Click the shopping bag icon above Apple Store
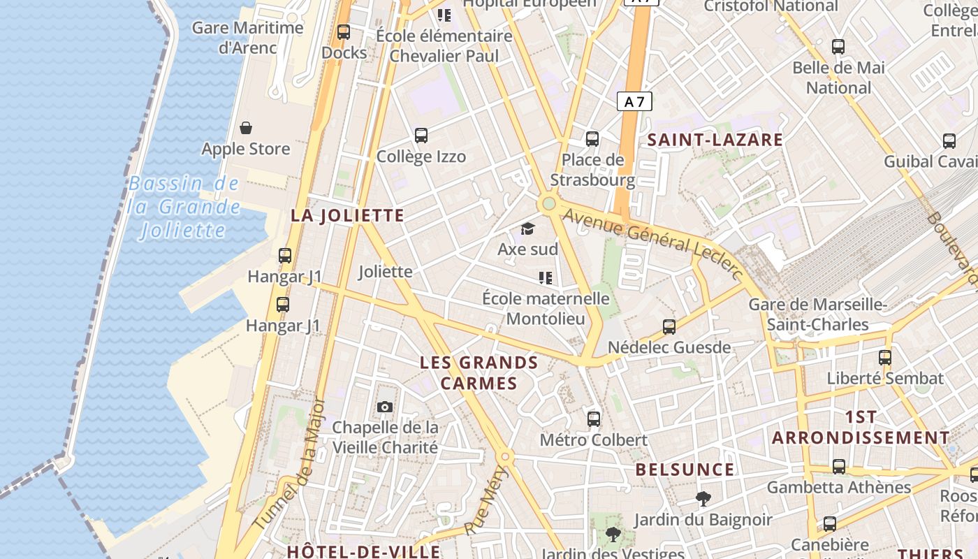246,128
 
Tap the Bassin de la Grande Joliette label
184,207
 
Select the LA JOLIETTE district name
347,215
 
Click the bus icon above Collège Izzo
421,136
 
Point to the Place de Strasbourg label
592,170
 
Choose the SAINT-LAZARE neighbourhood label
715,140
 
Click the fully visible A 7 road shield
634,102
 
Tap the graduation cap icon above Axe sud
527,228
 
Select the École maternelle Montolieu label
546,308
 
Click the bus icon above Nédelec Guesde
669,326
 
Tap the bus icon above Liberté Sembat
885,357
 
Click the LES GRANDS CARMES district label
479,372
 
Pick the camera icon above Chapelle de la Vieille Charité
384,407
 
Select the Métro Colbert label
594,440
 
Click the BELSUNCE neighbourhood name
685,470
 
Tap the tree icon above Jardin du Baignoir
703,499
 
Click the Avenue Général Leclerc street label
652,242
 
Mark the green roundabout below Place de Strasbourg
548,204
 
